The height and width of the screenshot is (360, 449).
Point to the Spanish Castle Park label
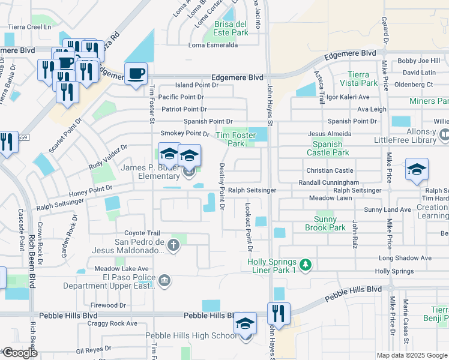(331, 148)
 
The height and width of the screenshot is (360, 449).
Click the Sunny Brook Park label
(325, 224)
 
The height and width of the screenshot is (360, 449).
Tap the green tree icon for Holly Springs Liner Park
(306, 264)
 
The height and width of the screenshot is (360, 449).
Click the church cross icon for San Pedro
(173, 244)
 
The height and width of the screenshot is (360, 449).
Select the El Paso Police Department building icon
(164, 280)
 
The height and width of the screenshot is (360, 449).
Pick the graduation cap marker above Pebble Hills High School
(245, 323)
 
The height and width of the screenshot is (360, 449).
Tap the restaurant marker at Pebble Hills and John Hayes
(279, 313)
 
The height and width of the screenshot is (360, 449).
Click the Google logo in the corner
(20, 353)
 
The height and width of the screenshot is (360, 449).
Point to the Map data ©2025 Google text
(412, 355)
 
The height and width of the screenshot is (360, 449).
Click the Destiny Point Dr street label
(221, 187)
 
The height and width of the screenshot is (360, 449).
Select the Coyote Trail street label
(142, 233)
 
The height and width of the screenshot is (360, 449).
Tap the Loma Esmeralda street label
(213, 45)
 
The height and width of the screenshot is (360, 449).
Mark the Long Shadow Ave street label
(405, 258)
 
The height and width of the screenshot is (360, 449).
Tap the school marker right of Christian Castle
(417, 170)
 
